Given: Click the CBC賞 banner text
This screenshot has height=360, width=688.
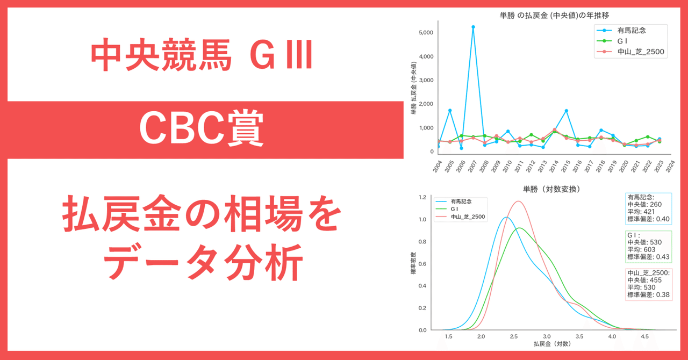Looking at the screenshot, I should [x=202, y=129].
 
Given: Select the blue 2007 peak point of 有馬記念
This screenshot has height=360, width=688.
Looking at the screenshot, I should [x=473, y=27].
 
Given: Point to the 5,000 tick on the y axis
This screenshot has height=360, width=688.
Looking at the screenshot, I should [x=425, y=33].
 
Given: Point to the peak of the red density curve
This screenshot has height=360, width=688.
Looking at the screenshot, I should [x=518, y=201].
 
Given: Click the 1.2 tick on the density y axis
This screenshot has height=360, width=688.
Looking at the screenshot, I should [x=422, y=197].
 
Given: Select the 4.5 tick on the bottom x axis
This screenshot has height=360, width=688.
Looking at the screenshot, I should [x=644, y=336].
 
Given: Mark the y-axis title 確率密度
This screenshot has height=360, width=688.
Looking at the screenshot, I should [x=413, y=263].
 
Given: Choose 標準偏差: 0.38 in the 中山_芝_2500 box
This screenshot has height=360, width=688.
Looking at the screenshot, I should [x=648, y=294].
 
